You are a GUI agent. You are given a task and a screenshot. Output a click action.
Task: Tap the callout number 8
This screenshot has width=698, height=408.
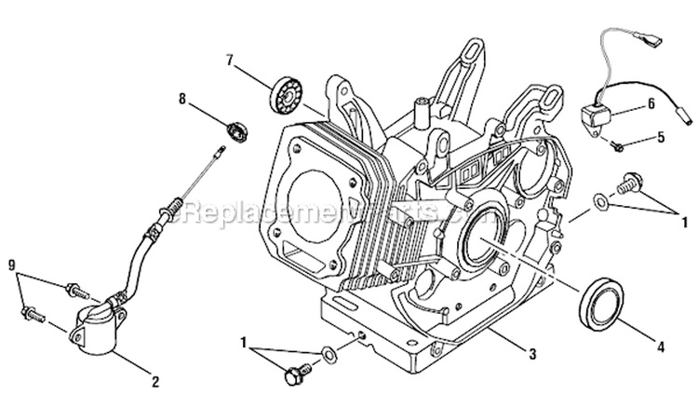click(182, 96)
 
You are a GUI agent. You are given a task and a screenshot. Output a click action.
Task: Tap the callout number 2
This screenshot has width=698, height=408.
click(155, 379)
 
